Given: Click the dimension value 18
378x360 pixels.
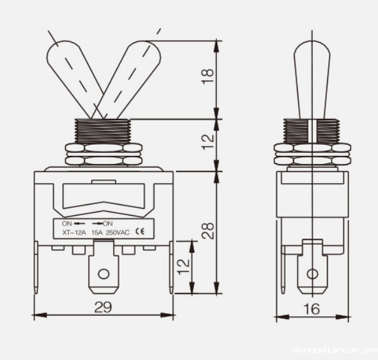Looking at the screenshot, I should pos(207,76).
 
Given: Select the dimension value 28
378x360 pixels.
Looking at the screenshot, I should pos(209,230).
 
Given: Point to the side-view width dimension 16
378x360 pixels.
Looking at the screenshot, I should pos(312,308).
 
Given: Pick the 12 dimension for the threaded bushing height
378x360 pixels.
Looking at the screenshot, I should pos(208,141).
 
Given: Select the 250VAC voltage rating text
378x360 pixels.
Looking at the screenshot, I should pos(118,232).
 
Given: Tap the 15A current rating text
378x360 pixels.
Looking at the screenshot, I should pos(97,232).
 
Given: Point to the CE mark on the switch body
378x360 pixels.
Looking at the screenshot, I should pos(140,232).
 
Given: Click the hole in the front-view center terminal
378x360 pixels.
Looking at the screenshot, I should pos(103,273).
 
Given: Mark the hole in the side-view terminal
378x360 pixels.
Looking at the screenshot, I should pos(313,273).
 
